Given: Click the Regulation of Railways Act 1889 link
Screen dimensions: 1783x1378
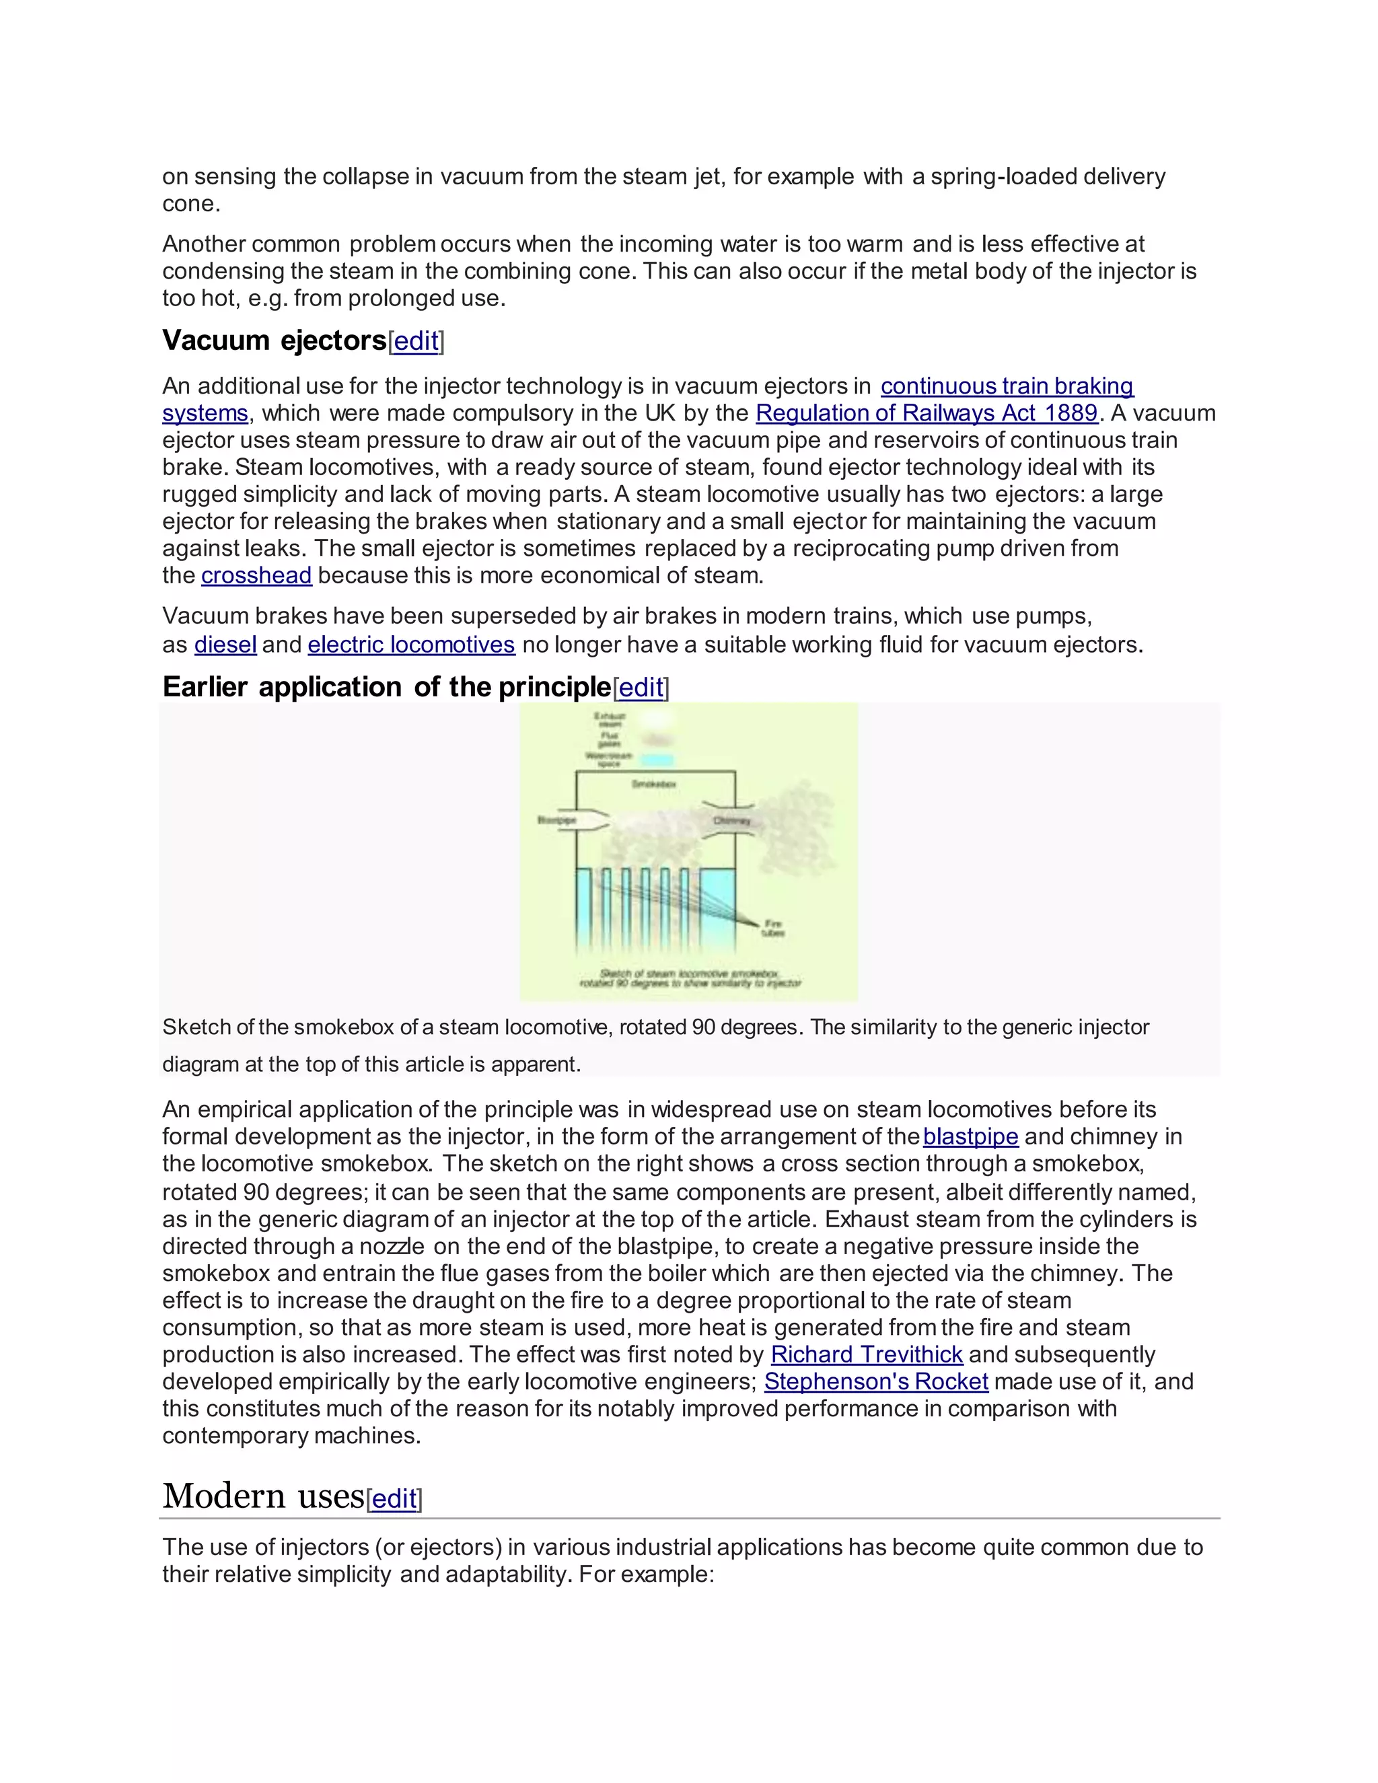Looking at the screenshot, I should [x=926, y=413].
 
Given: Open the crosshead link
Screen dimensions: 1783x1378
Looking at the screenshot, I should [x=256, y=575].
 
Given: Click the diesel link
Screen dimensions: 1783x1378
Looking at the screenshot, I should [x=225, y=645].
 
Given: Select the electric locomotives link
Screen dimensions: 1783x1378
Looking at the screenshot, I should [x=410, y=645].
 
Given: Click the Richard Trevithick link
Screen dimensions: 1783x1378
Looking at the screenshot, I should [x=866, y=1354].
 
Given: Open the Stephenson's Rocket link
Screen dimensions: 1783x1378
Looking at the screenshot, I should [x=876, y=1381].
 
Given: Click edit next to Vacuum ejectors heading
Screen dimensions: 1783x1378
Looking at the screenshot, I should [x=416, y=341].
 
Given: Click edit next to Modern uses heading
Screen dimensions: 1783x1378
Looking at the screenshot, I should [x=394, y=1499].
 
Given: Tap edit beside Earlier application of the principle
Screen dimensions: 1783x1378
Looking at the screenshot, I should [x=641, y=688].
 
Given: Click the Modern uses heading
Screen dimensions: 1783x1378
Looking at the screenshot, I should [x=263, y=1496].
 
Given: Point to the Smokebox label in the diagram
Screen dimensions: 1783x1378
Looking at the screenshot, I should [x=654, y=784].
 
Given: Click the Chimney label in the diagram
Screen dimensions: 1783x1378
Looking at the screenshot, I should [x=731, y=820].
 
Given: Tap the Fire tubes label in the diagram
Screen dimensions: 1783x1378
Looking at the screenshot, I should [x=773, y=929].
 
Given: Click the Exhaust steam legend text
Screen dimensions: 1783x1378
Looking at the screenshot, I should [x=610, y=720].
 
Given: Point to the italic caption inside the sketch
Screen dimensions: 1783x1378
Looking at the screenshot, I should [x=690, y=978].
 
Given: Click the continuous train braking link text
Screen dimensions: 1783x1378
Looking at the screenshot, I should [x=1007, y=386].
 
